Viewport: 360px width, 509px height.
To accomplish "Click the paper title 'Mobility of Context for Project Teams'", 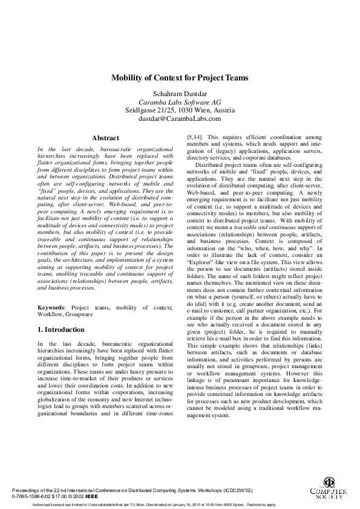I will (180, 78).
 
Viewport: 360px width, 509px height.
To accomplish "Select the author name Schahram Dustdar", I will (180, 93).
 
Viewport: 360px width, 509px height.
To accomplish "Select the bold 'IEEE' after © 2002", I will (92, 496).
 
